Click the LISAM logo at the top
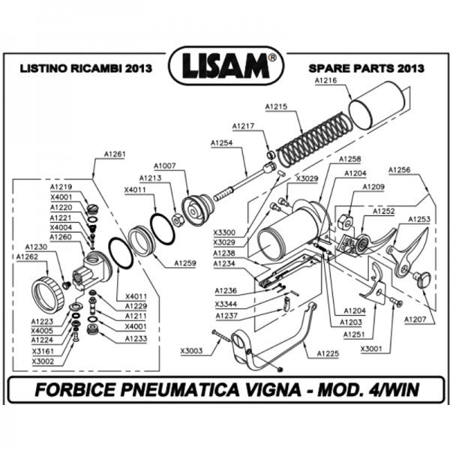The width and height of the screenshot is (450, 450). point(225,66)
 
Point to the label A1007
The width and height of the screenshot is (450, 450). point(164,165)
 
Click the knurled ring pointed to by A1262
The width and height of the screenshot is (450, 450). point(49,292)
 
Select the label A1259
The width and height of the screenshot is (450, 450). point(185,263)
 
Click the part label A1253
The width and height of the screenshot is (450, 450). point(418,219)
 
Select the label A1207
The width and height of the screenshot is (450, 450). point(415,319)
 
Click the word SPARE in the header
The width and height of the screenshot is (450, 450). point(327,67)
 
